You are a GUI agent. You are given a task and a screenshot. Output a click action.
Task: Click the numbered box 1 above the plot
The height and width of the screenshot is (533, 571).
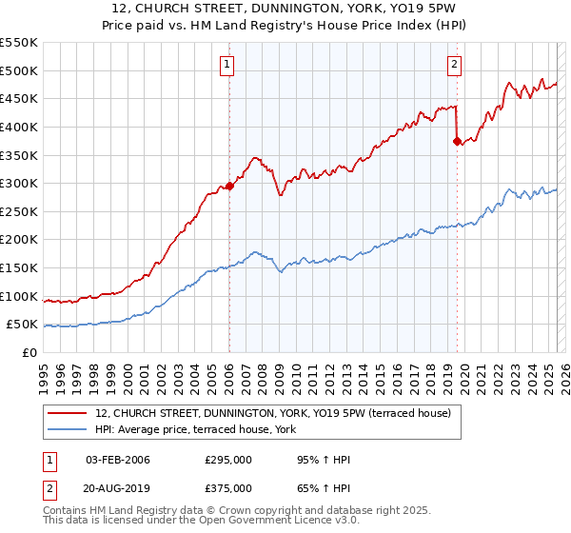click(228, 65)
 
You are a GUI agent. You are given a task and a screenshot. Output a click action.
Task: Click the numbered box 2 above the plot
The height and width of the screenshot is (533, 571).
click(454, 65)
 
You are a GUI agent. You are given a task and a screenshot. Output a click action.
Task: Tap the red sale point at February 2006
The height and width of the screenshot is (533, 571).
click(229, 187)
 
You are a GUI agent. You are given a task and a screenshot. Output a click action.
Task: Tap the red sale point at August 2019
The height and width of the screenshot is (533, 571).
click(457, 141)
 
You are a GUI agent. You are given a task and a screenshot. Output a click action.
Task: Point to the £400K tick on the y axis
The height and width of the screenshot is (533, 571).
click(20, 127)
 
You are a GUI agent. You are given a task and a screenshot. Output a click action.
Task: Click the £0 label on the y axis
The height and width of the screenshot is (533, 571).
click(30, 352)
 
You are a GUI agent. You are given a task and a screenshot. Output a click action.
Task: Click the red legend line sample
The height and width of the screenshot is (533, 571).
click(67, 413)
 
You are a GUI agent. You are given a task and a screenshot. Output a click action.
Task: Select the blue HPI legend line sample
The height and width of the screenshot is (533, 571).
click(67, 430)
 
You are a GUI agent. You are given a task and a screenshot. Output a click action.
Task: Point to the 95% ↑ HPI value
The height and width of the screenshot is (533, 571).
click(324, 461)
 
